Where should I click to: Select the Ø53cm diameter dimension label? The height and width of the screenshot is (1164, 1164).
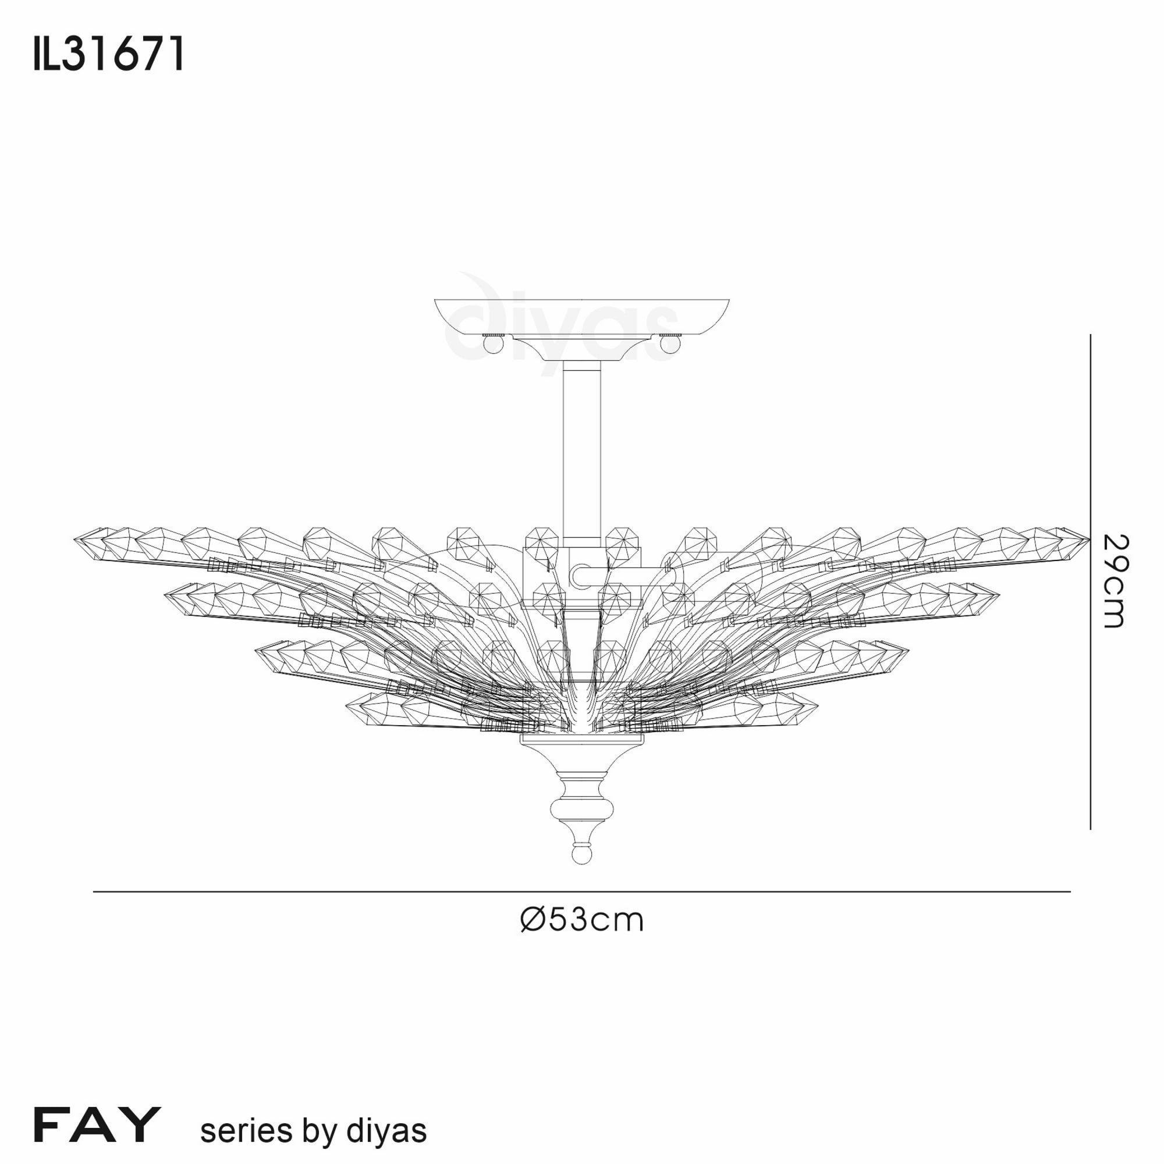(x=582, y=920)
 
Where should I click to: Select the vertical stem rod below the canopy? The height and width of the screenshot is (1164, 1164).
(x=581, y=446)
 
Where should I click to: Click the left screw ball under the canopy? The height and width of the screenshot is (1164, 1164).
(x=493, y=345)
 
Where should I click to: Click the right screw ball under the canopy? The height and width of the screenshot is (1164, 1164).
(x=670, y=345)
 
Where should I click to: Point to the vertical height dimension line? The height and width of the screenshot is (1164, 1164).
(x=1091, y=581)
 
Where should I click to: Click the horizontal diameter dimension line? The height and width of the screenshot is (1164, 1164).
(x=582, y=891)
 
